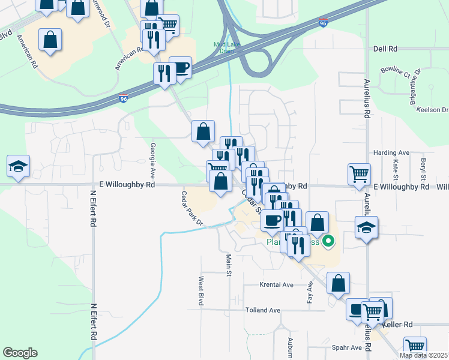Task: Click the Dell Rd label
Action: point(385,49)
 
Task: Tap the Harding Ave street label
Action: point(391,153)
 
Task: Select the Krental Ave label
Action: point(276,284)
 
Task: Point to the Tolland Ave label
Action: point(263,310)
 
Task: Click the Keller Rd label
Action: point(400,325)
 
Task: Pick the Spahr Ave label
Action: point(347,347)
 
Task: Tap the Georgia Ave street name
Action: point(153,161)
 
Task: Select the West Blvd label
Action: point(201,291)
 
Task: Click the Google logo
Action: point(20,353)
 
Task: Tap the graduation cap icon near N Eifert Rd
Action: point(18,167)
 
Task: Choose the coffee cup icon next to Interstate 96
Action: point(181,68)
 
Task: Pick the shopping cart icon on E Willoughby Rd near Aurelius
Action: point(359,174)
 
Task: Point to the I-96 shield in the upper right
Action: point(323,23)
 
